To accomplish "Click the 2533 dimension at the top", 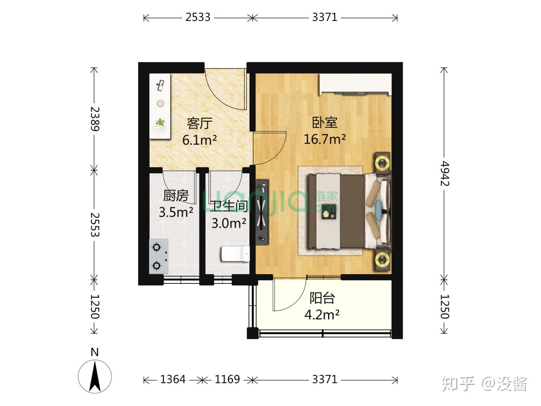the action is click(198, 17).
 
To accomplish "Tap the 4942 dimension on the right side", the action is click(445, 174).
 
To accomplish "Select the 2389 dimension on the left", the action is click(94, 119).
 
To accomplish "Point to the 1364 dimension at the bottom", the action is click(173, 379).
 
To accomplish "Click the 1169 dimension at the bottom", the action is click(227, 379).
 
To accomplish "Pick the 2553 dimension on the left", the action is click(94, 224).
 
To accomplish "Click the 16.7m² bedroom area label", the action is click(324, 139).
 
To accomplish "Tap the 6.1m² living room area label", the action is click(199, 140).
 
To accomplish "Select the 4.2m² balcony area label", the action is click(322, 315).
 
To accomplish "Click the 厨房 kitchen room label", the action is click(176, 195).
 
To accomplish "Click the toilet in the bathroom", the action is click(236, 254).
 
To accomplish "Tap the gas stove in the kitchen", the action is click(159, 256).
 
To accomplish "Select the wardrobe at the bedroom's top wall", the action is click(355, 84).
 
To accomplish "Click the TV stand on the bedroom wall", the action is click(262, 212).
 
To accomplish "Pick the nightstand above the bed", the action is click(383, 163).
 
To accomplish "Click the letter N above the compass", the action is click(95, 352).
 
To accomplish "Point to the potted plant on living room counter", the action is click(160, 122).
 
